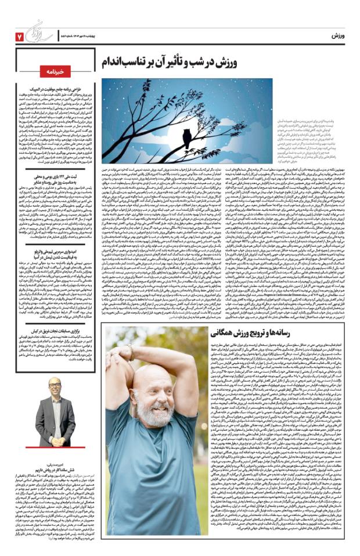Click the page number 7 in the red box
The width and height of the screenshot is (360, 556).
(x=19, y=36)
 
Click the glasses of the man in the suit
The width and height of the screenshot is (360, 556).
(x=55, y=387)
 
